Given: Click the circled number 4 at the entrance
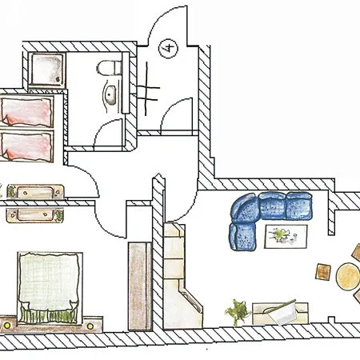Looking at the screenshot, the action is (x=168, y=48).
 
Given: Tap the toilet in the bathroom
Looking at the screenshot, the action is (x=109, y=68).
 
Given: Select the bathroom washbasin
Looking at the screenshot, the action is (x=110, y=95).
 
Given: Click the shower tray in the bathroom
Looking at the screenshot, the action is (x=47, y=70).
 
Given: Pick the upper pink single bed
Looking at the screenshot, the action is (x=26, y=112).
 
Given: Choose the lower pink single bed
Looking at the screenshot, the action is (x=26, y=146).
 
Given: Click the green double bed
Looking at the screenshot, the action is (x=50, y=288).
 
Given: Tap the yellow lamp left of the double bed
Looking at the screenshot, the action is (x=7, y=325).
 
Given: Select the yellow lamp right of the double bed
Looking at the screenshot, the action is (x=90, y=326).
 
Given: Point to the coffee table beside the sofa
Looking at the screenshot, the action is (x=286, y=237).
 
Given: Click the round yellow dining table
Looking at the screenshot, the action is (x=348, y=277).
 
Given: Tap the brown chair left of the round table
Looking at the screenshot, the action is (x=323, y=272).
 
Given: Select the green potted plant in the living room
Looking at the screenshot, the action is (x=237, y=312).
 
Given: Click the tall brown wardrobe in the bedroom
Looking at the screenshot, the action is (x=140, y=286).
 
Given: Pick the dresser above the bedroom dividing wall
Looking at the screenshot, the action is (x=35, y=192).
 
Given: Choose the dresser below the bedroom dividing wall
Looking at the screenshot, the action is (x=35, y=215).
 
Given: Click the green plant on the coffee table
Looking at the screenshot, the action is (x=279, y=234).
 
